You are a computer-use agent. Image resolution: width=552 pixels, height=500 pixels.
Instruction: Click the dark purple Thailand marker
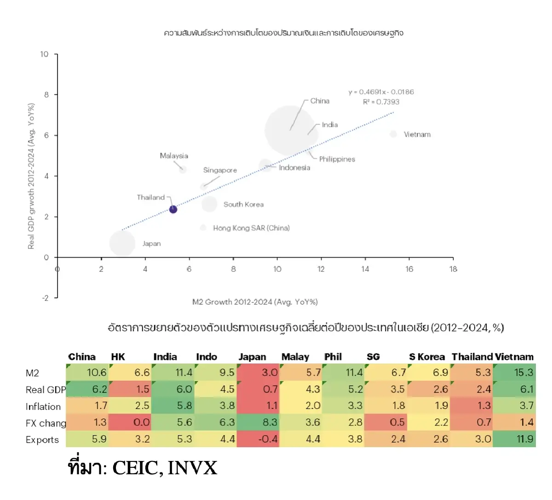pyautogui.click(x=173, y=209)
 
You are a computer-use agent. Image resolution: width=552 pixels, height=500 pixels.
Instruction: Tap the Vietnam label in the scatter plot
pyautogui.click(x=417, y=135)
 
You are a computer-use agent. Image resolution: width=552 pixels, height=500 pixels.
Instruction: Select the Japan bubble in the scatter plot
pyautogui.click(x=122, y=244)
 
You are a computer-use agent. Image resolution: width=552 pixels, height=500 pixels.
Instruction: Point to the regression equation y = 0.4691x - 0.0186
pyautogui.click(x=381, y=92)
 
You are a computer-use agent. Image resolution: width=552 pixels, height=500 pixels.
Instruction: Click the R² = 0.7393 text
pyautogui.click(x=381, y=102)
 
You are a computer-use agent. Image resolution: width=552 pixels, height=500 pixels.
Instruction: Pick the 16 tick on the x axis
pyautogui.click(x=409, y=269)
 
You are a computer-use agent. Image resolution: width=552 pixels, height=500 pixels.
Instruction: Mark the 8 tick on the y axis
pyautogui.click(x=46, y=95)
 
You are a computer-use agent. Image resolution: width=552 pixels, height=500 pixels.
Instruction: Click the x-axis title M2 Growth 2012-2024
pyautogui.click(x=255, y=302)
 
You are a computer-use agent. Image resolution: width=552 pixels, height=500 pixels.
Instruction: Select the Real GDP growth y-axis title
pyautogui.click(x=31, y=176)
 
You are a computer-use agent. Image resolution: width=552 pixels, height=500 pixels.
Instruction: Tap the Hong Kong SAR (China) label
pyautogui.click(x=251, y=228)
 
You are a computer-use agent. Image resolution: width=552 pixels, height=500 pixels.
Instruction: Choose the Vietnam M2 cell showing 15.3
pyautogui.click(x=515, y=373)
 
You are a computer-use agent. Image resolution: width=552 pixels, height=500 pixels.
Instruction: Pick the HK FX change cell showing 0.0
pyautogui.click(x=131, y=422)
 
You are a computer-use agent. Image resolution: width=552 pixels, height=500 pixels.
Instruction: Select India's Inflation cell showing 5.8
pyautogui.click(x=173, y=406)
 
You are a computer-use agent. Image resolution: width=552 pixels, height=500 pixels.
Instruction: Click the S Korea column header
pyautogui.click(x=427, y=357)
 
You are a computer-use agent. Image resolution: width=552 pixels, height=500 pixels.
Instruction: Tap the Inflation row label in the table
pyautogui.click(x=43, y=407)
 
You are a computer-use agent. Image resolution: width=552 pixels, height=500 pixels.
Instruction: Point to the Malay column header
pyautogui.click(x=295, y=357)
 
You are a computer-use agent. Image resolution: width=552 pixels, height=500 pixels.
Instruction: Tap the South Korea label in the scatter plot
pyautogui.click(x=243, y=205)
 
